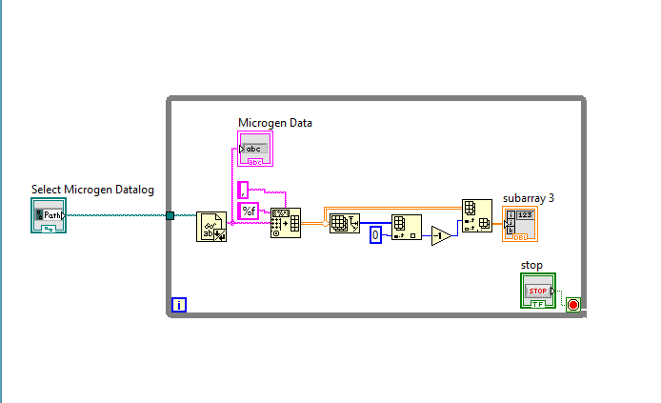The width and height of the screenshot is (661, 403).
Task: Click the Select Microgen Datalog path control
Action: (48, 216)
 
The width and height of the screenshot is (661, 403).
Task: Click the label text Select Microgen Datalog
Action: (92, 190)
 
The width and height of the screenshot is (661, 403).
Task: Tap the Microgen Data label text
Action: (274, 123)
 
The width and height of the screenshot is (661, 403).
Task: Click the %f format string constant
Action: (249, 211)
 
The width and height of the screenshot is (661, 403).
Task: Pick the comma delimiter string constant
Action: (243, 189)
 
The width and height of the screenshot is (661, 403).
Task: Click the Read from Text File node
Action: (210, 227)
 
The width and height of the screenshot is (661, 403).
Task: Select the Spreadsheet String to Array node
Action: (285, 222)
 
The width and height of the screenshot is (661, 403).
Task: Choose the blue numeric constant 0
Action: (375, 234)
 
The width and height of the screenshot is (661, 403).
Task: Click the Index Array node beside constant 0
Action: (406, 229)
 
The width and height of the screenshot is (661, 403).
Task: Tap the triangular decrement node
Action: (441, 235)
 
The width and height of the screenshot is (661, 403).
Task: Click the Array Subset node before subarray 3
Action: (476, 215)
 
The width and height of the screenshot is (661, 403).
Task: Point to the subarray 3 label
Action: (528, 198)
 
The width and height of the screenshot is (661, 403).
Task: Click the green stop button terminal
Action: (538, 290)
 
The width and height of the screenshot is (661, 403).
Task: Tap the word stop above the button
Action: (531, 264)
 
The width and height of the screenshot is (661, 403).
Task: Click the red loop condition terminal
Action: (572, 305)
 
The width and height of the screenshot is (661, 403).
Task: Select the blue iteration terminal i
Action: (179, 305)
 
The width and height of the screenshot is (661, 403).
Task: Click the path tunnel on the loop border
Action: (170, 215)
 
